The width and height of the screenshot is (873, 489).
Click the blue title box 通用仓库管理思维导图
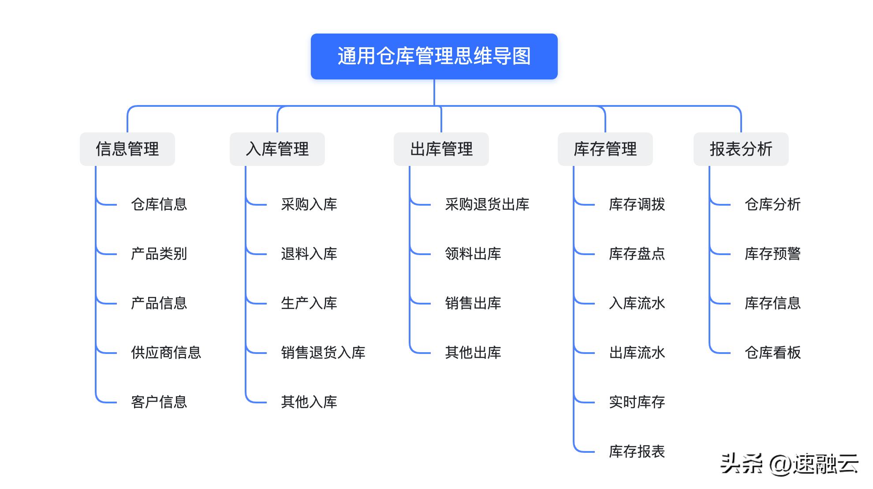434,56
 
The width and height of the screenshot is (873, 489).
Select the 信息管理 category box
127,149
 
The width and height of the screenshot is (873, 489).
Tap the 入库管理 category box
277,149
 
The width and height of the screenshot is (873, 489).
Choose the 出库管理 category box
441,149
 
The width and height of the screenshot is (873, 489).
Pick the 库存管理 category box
605,149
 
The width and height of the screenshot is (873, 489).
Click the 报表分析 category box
741,149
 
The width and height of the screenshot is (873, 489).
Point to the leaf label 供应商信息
166,353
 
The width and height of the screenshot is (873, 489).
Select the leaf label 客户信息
159,402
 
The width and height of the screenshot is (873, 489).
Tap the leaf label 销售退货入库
323,353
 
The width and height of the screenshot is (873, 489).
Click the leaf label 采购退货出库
487,204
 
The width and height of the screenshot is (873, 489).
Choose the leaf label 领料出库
473,254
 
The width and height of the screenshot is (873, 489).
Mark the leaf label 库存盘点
637,254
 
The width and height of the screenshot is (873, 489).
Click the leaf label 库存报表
637,451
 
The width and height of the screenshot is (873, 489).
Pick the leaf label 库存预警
772,254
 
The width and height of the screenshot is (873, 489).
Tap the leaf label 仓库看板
772,353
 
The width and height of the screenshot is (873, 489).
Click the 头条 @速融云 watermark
789,464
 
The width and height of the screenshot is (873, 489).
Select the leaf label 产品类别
159,254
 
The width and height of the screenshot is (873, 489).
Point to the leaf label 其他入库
309,402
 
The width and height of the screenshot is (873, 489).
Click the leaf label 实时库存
637,402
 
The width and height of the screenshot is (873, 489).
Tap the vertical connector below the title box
434,92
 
